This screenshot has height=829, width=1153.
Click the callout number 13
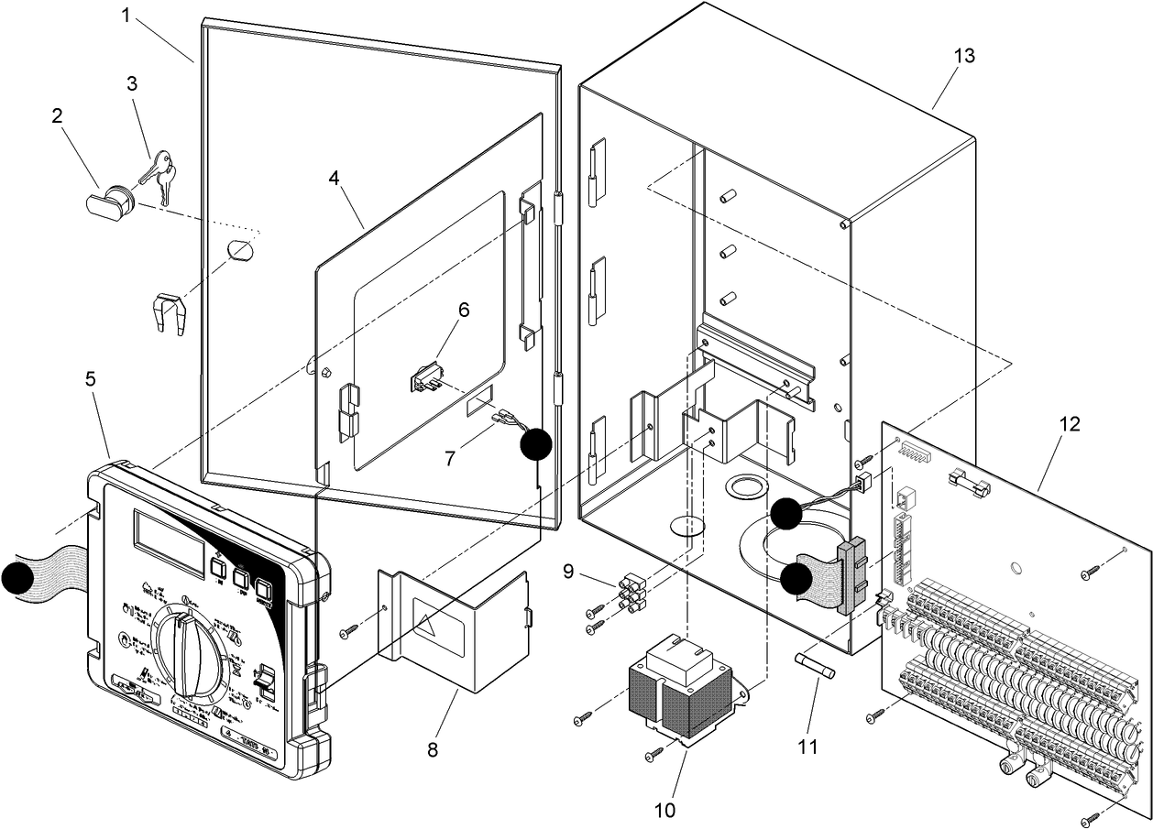963,56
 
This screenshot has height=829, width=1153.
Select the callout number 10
664,810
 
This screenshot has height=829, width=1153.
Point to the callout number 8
433,750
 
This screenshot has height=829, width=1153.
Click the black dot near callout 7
536,445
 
